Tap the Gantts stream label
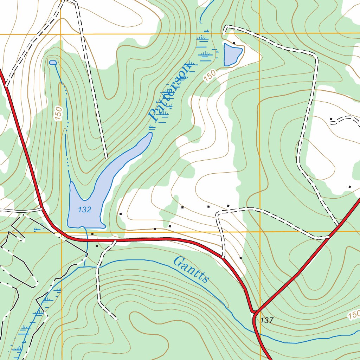tap(192, 270)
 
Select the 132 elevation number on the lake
tap(85, 210)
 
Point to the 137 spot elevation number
tap(267, 320)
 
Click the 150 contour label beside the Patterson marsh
tap(210, 76)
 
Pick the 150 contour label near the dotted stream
tap(58, 114)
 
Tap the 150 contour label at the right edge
tap(354, 315)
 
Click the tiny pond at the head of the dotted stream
tap(53, 63)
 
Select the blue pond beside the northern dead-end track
tap(232, 54)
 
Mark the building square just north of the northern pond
tap(234, 43)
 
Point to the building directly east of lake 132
tap(121, 214)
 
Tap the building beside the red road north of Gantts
tap(240, 258)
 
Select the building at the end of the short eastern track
tap(331, 119)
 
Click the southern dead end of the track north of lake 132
tap(106, 157)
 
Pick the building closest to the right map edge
tap(349, 187)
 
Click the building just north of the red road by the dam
tap(92, 234)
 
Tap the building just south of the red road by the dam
tap(97, 246)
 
